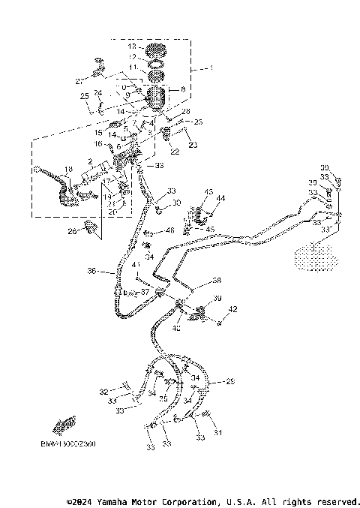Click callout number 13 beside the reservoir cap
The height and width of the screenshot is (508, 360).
point(131,47)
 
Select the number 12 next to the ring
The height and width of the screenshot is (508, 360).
point(131,57)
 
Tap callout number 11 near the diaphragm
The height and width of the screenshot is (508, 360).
point(131,68)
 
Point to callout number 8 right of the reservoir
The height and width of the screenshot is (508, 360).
point(182,89)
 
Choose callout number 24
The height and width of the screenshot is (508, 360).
point(97,93)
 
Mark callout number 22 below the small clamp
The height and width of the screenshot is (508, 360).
point(175,152)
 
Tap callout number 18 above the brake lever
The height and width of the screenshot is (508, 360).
point(67,170)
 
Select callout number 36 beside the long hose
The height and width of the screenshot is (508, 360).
point(91,272)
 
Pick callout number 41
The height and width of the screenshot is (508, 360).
point(136,264)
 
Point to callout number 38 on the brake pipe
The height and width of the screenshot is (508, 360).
point(217,280)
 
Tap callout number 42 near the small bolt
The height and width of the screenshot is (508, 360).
point(232,309)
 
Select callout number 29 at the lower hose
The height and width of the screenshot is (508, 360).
point(231,381)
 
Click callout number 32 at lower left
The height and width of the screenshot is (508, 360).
point(103,391)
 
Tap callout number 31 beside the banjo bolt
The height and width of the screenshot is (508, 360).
point(219,432)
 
